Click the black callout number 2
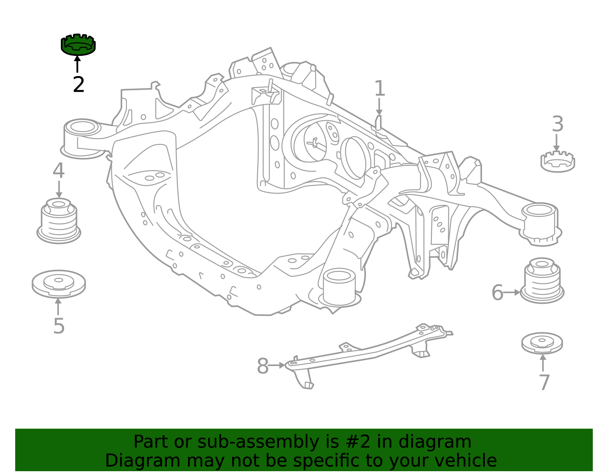[79, 84]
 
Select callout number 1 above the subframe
[380, 88]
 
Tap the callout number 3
[557, 124]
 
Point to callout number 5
[59, 326]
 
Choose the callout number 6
[497, 292]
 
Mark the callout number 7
[544, 382]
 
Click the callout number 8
[263, 365]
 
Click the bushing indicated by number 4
[59, 221]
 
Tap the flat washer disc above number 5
[59, 284]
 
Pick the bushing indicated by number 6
[541, 281]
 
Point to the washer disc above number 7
[542, 343]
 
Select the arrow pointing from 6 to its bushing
[511, 292]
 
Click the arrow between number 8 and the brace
[277, 365]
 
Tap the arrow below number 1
[379, 106]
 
